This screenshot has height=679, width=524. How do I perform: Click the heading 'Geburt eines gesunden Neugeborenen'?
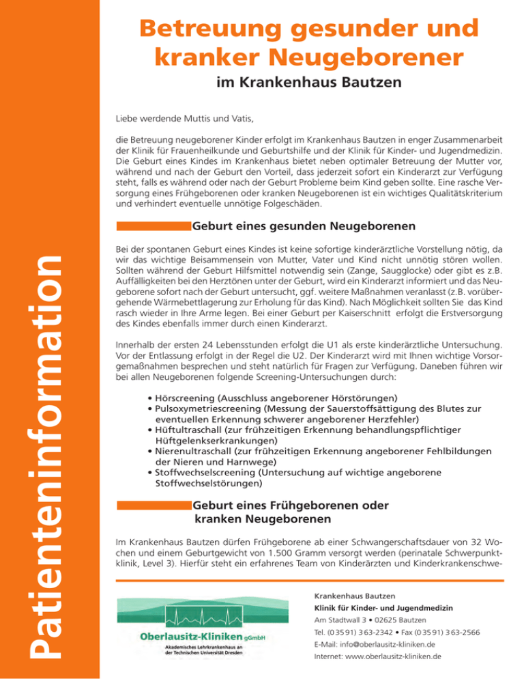pyautogui.click(x=304, y=225)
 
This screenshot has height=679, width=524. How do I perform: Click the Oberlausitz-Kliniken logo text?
pyautogui.click(x=180, y=637)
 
